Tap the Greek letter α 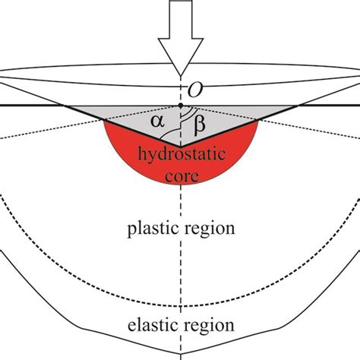click(x=157, y=122)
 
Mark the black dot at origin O click(x=180, y=106)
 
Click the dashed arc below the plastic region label click(x=180, y=302)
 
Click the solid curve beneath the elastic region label click(x=180, y=353)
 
